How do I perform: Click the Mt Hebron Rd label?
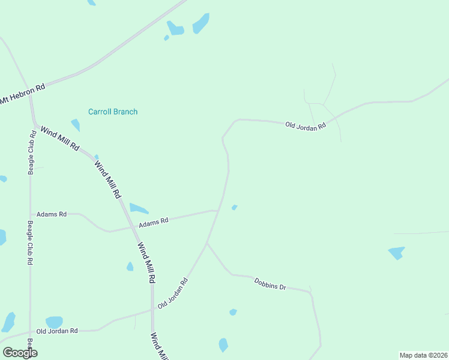coord(23,94)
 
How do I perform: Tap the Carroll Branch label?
coord(113,112)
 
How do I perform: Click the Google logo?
coord(20,353)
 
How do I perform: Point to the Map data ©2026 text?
coord(424,355)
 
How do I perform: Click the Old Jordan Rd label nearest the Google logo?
coord(57,331)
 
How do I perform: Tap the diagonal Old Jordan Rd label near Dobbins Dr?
coord(173,293)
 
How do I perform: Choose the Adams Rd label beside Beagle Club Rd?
coord(52,214)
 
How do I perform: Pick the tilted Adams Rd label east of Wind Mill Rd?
coord(154,222)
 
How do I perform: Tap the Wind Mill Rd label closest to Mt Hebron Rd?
coord(59,137)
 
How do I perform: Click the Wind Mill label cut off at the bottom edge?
coord(159,347)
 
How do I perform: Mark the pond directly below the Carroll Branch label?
coord(76,125)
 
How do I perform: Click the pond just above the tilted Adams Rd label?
coord(139,209)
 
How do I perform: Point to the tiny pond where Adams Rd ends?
coord(234,208)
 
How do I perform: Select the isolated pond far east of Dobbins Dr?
coord(396,252)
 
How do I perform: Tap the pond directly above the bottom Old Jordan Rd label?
coord(54,322)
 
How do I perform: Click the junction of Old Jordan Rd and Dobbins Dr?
coord(207,244)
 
